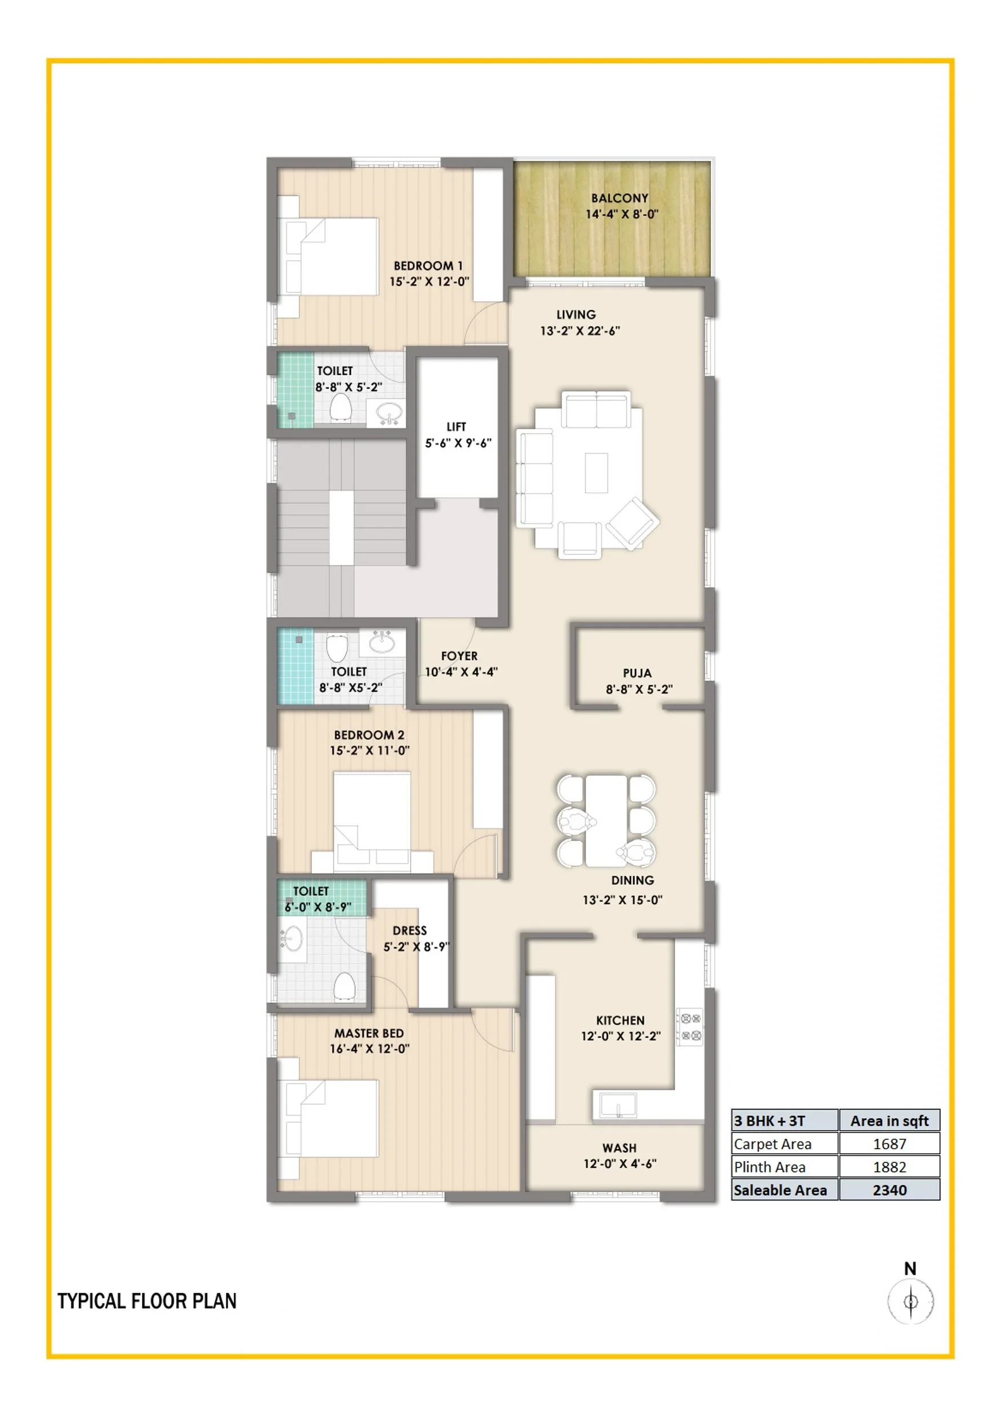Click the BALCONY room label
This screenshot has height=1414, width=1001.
click(x=620, y=199)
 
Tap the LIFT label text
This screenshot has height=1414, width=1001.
click(x=456, y=426)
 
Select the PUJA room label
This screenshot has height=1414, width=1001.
click(x=637, y=673)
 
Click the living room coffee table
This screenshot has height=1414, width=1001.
click(x=596, y=473)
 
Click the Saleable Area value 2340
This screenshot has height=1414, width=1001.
click(x=890, y=1190)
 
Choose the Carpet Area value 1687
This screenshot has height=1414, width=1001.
click(x=890, y=1143)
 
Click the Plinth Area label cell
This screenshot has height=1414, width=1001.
click(x=785, y=1167)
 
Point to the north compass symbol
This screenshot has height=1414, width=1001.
click(x=910, y=1301)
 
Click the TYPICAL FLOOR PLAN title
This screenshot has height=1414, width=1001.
click(x=147, y=1301)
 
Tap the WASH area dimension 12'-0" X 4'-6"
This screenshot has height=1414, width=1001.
click(x=620, y=1164)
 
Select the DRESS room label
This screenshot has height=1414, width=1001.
click(x=410, y=930)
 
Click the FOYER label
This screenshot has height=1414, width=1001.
click(x=459, y=655)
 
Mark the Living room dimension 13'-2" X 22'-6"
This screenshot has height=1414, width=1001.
click(x=580, y=331)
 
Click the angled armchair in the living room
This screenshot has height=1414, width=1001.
click(x=632, y=523)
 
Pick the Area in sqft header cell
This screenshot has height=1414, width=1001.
click(x=890, y=1121)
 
